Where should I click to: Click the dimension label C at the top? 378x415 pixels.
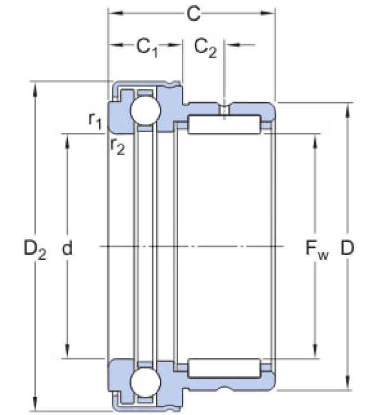[193, 14]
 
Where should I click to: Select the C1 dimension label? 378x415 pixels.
[147, 48]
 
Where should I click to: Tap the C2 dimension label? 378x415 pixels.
[205, 48]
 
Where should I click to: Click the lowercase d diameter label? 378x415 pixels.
[67, 247]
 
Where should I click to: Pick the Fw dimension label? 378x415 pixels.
[317, 250]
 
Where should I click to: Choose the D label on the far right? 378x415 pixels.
[347, 248]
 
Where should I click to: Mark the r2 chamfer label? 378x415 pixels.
[117, 146]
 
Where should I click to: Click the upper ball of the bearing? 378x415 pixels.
[145, 110]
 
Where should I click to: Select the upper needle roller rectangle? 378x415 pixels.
[224, 125]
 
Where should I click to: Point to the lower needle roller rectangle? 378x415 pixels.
[224, 368]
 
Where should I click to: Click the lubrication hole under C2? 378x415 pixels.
[224, 110]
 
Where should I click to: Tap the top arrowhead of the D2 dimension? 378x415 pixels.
[35, 89]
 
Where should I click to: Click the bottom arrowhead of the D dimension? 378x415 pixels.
[348, 382]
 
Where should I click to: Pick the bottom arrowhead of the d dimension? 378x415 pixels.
[67, 351]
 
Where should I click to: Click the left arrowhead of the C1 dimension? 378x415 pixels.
[116, 45]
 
